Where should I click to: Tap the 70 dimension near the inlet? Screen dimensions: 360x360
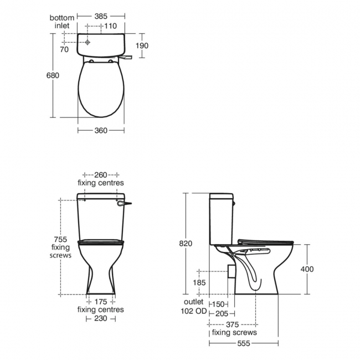(64, 50)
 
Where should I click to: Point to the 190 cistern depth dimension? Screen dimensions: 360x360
(142, 45)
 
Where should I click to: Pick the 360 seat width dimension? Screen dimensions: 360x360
(101, 130)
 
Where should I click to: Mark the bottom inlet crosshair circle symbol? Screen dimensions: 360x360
(87, 42)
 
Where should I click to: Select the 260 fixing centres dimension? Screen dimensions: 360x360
(100, 175)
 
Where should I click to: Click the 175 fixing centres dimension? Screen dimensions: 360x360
(100, 302)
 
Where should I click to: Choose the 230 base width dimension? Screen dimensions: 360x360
(100, 318)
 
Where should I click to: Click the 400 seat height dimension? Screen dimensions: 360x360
(307, 269)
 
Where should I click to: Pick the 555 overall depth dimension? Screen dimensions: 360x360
(244, 344)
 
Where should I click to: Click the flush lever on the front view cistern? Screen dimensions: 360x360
(126, 204)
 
